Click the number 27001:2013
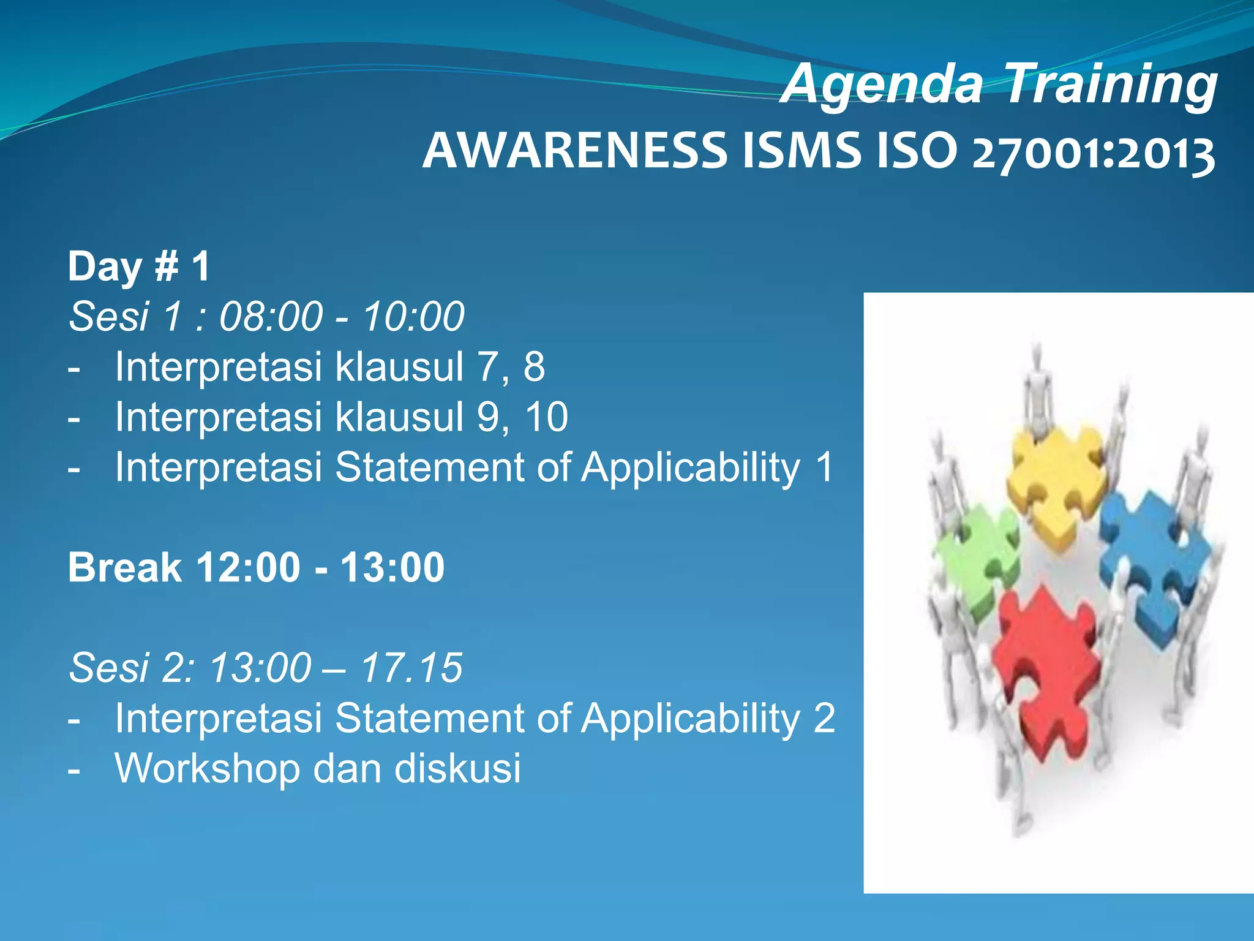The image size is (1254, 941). pos(1093,153)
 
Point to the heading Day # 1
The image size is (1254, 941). pos(139,267)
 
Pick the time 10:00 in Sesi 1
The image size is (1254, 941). pos(413,317)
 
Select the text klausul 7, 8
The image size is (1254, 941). pos(440,367)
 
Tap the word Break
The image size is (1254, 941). pos(125,567)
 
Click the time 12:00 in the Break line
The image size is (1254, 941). pos(248,567)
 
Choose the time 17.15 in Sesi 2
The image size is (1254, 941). pos(411,668)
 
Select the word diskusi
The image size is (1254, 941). pos(457,768)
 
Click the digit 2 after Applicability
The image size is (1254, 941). pos(824,718)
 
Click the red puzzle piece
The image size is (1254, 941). pos(1044,668)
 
